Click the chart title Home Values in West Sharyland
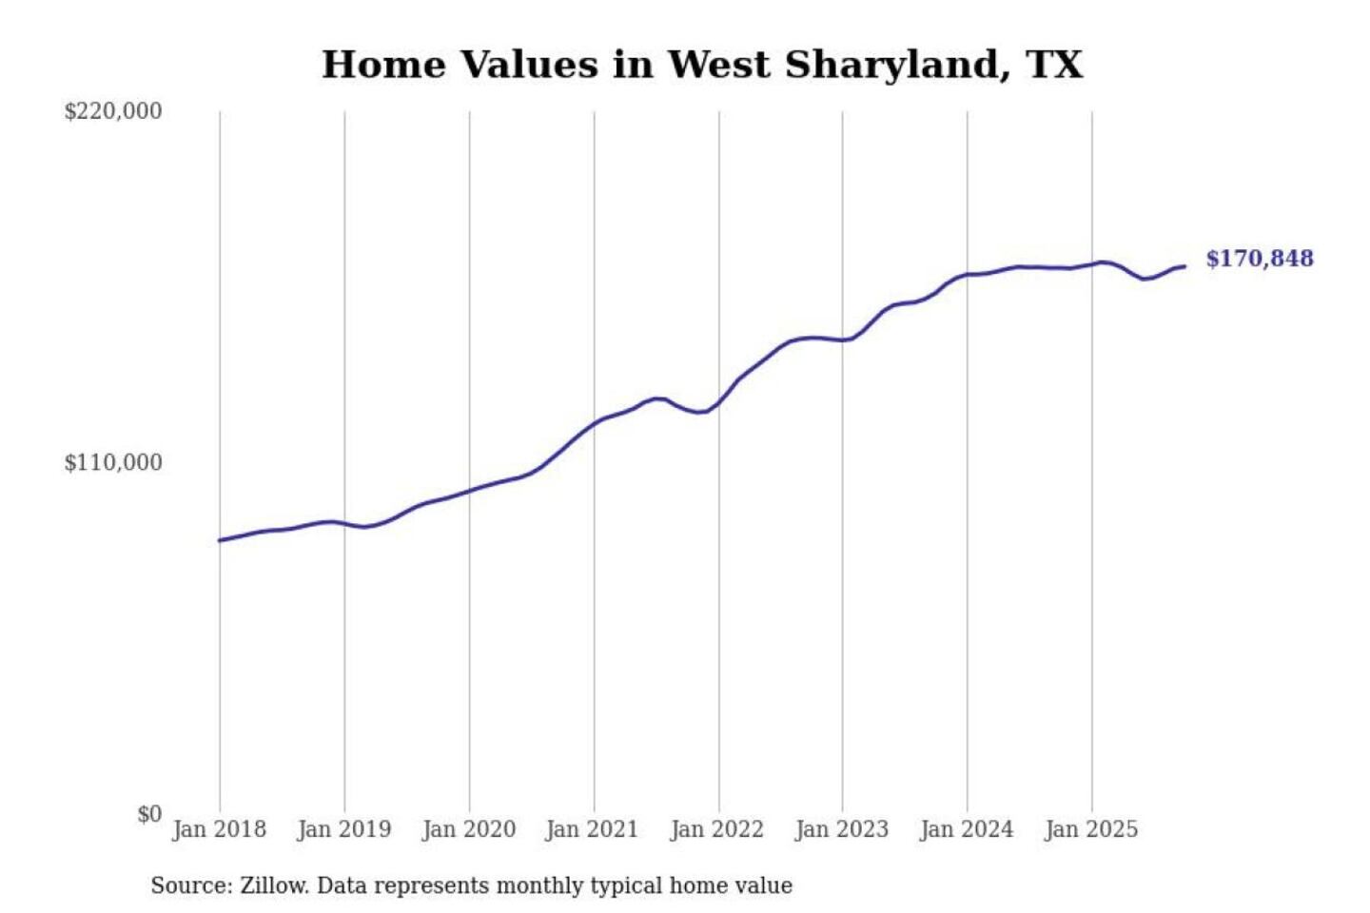point(702,65)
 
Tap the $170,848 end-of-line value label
point(1259,259)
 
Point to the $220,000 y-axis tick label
point(113,111)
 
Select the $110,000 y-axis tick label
point(113,463)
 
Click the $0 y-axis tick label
point(149,814)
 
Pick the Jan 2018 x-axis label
point(219,829)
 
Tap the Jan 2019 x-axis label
point(343,829)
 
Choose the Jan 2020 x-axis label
point(468,829)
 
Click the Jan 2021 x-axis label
point(592,829)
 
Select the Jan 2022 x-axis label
point(716,829)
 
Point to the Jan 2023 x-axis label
point(841,829)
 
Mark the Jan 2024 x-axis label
point(966,829)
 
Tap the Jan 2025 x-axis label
point(1090,829)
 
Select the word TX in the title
point(1054,65)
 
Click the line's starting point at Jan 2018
point(220,540)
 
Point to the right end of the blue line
point(1184,266)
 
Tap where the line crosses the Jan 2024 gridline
point(968,274)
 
